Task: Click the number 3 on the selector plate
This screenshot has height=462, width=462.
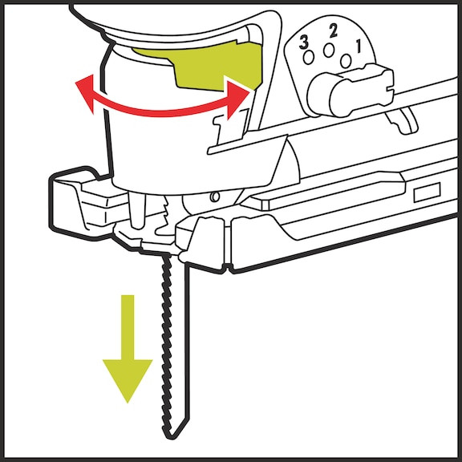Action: [304, 43]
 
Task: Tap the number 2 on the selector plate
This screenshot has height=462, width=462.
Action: [333, 31]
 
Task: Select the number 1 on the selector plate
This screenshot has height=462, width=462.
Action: [359, 47]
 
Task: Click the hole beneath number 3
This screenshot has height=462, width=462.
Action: [309, 58]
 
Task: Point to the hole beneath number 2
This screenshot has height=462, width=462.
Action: [328, 50]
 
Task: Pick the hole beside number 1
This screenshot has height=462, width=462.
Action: [346, 61]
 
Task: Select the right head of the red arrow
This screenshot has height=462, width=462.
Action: [236, 97]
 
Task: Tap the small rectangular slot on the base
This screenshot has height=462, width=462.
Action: [427, 192]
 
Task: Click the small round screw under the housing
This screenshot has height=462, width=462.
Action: [216, 197]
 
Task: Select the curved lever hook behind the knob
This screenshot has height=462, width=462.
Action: [402, 120]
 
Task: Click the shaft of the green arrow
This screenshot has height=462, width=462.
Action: [128, 327]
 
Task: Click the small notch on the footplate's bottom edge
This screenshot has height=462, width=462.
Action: [227, 268]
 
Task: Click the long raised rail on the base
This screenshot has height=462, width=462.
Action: [324, 192]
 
